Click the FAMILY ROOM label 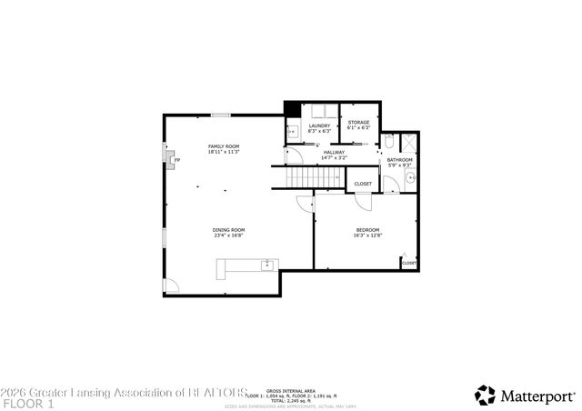coord(224,146)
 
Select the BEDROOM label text coord(367,229)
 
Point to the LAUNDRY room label coord(318,125)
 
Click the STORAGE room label coord(359,122)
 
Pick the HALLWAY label coord(334,152)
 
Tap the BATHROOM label coord(400,160)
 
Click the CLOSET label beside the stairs coord(363,184)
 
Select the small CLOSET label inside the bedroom coord(409,263)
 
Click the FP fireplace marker coord(177,160)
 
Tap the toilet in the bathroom coord(388,143)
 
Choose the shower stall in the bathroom coord(409,143)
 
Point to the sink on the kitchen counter coord(266,266)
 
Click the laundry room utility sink coord(292,132)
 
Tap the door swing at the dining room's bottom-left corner coord(171,286)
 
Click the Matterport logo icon coord(486,395)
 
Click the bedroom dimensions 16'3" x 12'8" coord(367,236)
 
